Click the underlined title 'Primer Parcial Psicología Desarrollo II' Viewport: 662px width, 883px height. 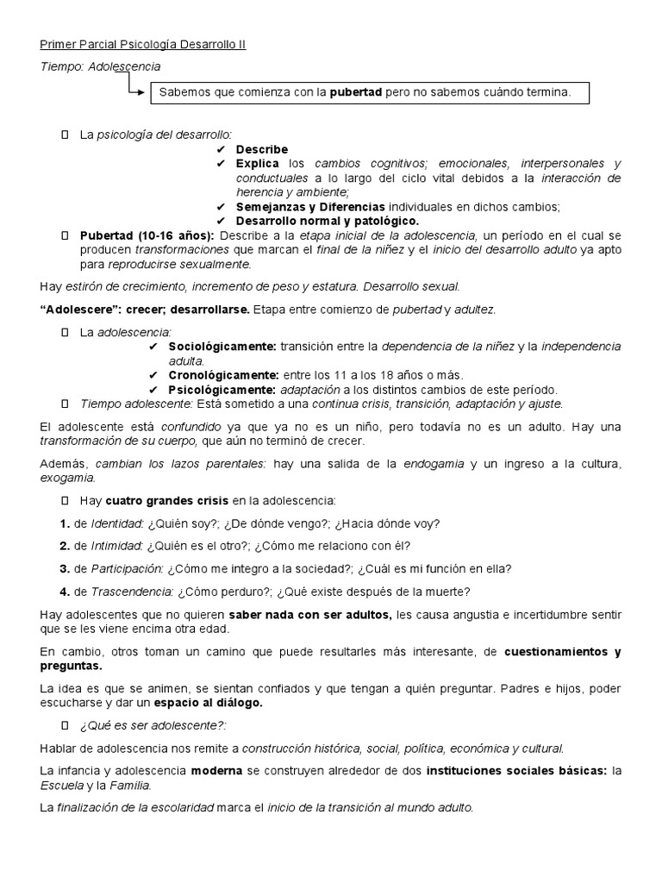pyautogui.click(x=143, y=45)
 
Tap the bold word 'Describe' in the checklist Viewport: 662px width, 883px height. pyautogui.click(x=262, y=149)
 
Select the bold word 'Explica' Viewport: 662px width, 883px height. pyautogui.click(x=258, y=163)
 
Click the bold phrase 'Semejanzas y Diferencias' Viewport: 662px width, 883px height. pyautogui.click(x=311, y=207)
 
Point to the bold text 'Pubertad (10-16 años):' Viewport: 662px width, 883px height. pyautogui.click(x=147, y=235)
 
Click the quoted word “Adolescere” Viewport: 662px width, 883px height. pyautogui.click(x=79, y=308)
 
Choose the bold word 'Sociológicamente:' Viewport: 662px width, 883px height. pyautogui.click(x=222, y=346)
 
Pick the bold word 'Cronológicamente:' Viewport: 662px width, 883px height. pyautogui.click(x=223, y=375)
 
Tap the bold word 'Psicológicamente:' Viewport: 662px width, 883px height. pyautogui.click(x=219, y=389)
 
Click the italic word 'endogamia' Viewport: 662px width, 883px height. pyautogui.click(x=431, y=463)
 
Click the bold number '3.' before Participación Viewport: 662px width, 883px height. pyautogui.click(x=65, y=567)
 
